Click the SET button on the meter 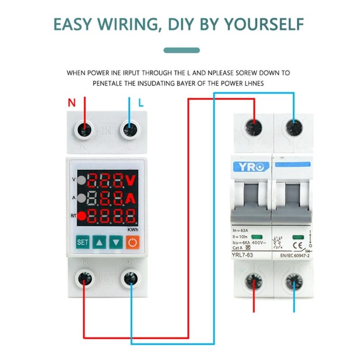(83, 242)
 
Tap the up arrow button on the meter (99, 242)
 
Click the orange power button (132, 242)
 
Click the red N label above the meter (72, 103)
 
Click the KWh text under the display (132, 229)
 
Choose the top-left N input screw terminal (85, 130)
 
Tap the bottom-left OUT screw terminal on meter (85, 279)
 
